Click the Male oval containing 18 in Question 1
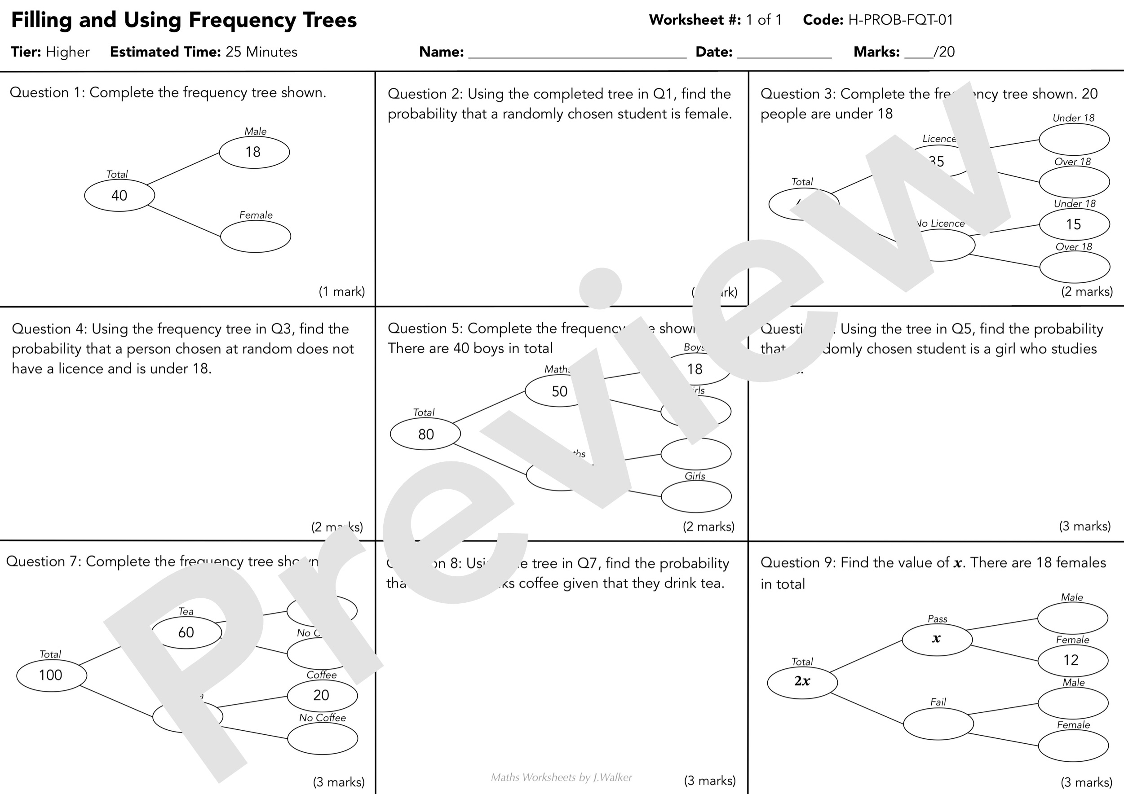pyautogui.click(x=254, y=152)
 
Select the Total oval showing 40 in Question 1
pyautogui.click(x=119, y=195)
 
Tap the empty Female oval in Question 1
pyautogui.click(x=255, y=237)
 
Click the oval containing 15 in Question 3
pyautogui.click(x=1074, y=224)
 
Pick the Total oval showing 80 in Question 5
pyautogui.click(x=425, y=434)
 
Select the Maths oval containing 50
pyautogui.click(x=560, y=391)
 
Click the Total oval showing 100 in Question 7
pyautogui.click(x=51, y=675)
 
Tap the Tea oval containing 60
pyautogui.click(x=186, y=632)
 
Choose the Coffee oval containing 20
pyautogui.click(x=322, y=695)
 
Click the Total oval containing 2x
pyautogui.click(x=802, y=681)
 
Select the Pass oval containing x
pyautogui.click(x=937, y=639)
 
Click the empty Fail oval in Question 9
pyautogui.click(x=938, y=724)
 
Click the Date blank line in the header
pyautogui.click(x=784, y=53)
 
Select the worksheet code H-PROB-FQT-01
pyautogui.click(x=900, y=20)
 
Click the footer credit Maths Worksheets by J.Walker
pyautogui.click(x=561, y=777)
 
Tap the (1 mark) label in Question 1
pyautogui.click(x=342, y=292)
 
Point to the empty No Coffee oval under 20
pyautogui.click(x=322, y=739)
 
